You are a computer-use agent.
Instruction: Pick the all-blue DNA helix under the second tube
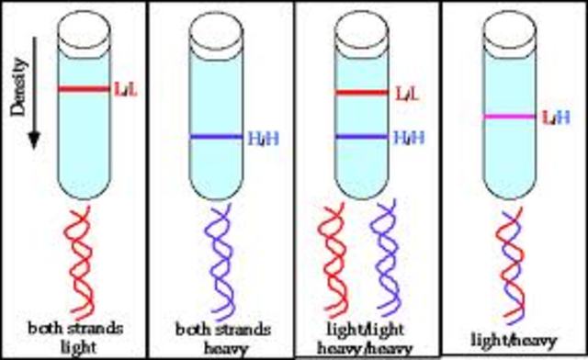point(218,262)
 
